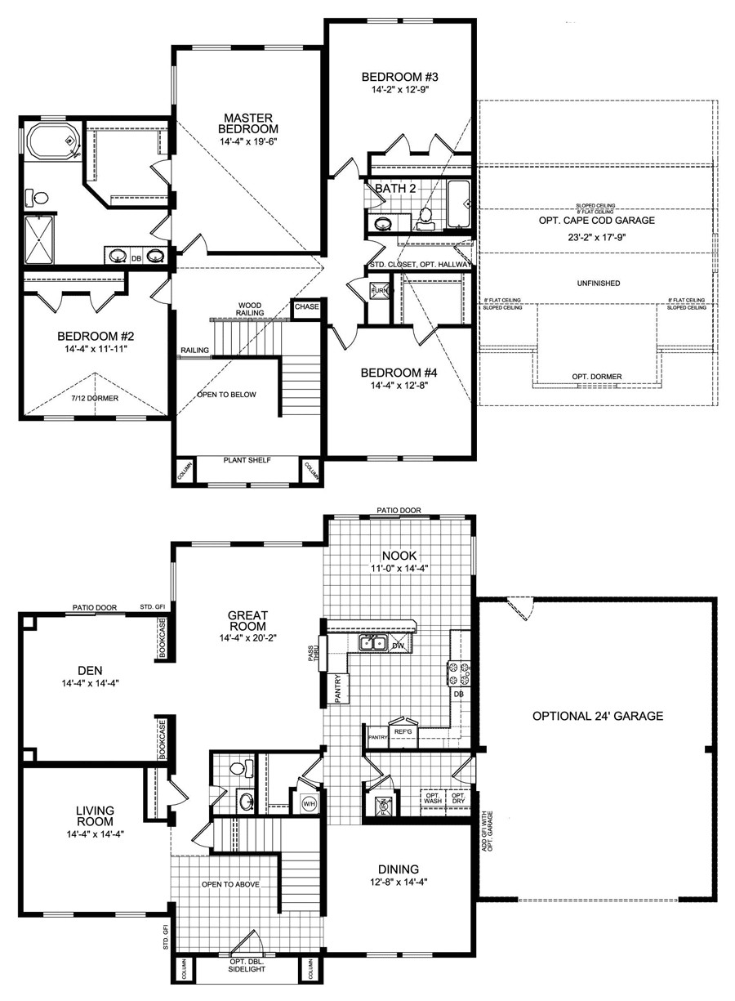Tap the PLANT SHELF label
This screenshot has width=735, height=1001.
(x=247, y=460)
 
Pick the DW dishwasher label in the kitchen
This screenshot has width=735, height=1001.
(x=399, y=645)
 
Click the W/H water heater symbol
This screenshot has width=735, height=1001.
(x=310, y=802)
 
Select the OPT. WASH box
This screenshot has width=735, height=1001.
(x=432, y=798)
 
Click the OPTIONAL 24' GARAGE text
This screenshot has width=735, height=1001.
(x=597, y=716)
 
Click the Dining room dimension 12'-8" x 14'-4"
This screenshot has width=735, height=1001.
(x=398, y=883)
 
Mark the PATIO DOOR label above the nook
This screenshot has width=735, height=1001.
(x=399, y=511)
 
